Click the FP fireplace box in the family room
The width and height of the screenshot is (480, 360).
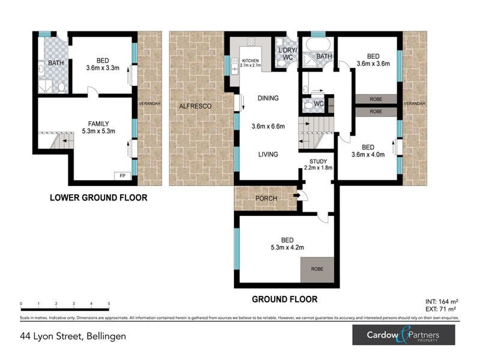tap(123, 176)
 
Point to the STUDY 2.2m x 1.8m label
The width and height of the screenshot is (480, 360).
tap(321, 164)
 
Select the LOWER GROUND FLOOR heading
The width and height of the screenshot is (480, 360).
tap(98, 197)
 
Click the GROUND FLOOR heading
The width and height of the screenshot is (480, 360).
tap(284, 299)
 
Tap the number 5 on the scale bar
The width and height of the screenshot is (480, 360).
tap(109, 304)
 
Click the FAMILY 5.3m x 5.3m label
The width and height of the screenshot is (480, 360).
tap(98, 127)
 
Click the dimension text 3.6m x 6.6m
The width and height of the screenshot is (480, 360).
tap(268, 126)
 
